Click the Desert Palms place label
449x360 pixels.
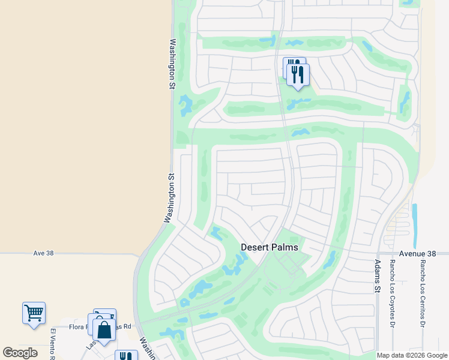coord(270,247)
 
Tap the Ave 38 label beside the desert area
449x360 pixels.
coord(43,253)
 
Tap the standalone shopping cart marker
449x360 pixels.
coord(34,313)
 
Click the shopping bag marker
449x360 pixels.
coord(104,329)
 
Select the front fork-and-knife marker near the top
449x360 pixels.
coord(298,74)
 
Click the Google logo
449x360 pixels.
coord(20,353)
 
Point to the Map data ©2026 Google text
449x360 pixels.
coord(412,355)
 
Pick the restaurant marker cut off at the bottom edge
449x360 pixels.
coord(126,355)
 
